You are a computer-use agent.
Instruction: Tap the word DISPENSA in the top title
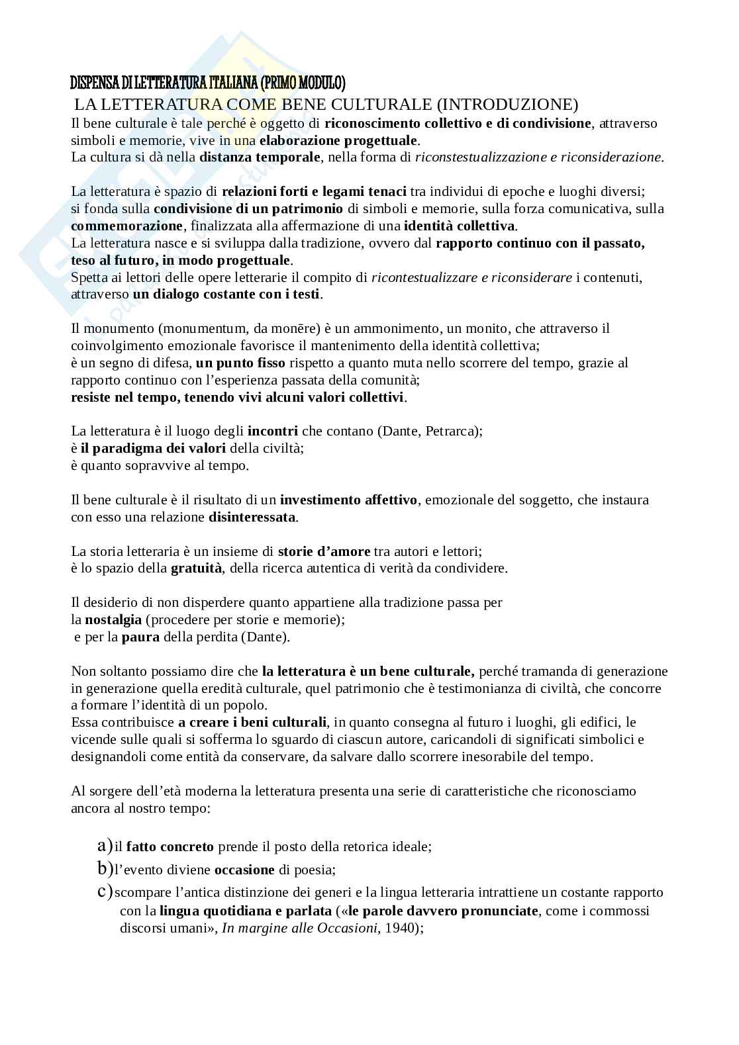click(x=93, y=83)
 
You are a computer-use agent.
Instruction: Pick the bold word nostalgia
click(x=113, y=619)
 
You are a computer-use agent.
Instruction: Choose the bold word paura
click(x=140, y=637)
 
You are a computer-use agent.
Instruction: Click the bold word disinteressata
click(x=252, y=517)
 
